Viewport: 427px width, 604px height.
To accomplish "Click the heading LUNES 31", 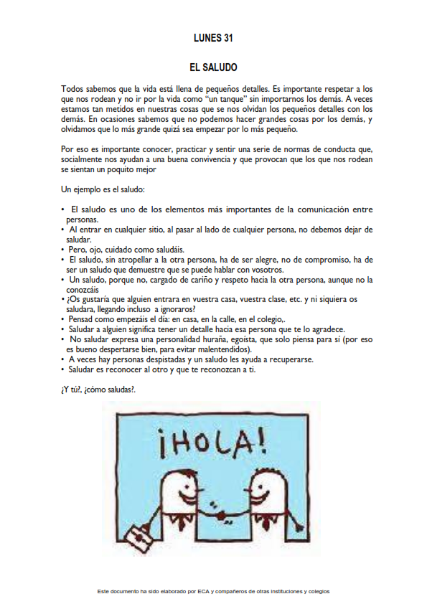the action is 213,37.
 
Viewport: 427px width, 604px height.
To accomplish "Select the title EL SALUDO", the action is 213,67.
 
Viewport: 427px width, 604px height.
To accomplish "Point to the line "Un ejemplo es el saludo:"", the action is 103,190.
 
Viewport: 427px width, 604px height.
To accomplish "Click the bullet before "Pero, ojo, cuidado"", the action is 63,250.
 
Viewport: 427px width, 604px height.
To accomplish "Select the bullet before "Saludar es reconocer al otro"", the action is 63,369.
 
